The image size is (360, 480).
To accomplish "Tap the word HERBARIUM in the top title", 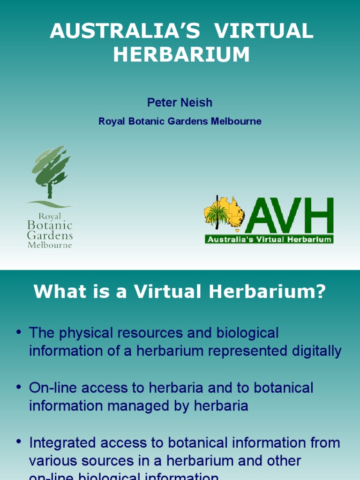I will click(181, 55).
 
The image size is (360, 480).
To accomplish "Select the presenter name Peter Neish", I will click(180, 102).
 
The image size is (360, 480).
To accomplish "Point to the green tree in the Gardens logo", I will click(51, 171).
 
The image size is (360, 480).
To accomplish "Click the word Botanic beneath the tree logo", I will click(50, 225).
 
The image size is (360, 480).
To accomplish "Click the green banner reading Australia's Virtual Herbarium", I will click(269, 240).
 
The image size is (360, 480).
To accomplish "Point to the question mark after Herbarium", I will click(320, 292).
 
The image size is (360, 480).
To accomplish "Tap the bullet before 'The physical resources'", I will click(19, 333).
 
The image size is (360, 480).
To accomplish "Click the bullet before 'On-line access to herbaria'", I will click(19, 388).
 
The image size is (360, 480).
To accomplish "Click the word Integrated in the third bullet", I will click(64, 442).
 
